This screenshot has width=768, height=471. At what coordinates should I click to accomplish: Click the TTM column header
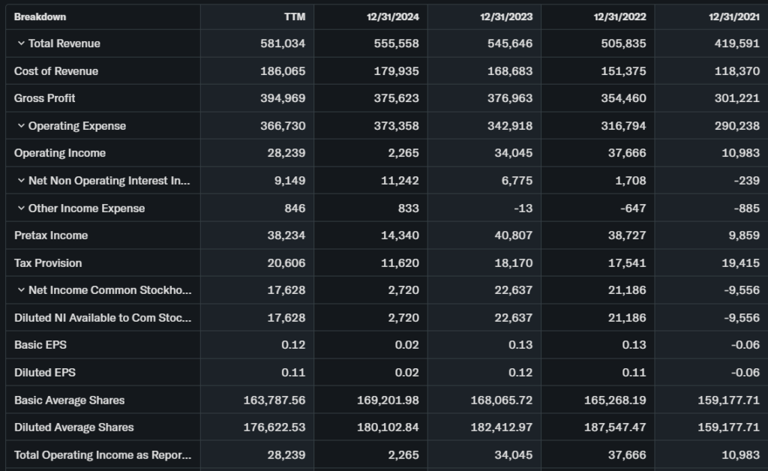(294, 16)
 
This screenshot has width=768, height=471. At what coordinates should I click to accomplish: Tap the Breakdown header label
(40, 16)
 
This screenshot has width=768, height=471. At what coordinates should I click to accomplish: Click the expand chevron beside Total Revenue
(21, 43)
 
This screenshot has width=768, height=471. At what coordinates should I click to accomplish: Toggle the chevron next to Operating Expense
(21, 126)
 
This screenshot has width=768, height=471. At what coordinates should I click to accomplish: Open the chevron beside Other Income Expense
(21, 208)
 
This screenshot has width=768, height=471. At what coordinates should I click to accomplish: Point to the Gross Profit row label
(45, 98)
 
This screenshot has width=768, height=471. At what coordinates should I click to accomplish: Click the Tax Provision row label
(48, 263)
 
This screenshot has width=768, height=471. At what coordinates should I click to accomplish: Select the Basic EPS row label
(40, 345)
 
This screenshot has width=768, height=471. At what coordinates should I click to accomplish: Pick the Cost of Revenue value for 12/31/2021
(736, 71)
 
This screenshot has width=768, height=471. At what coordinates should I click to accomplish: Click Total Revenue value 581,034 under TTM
(283, 43)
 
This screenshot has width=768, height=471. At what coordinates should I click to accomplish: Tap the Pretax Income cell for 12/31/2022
(623, 235)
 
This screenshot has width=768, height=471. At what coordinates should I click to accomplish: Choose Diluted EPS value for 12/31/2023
(520, 372)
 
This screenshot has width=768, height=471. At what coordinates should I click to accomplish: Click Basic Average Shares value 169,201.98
(388, 400)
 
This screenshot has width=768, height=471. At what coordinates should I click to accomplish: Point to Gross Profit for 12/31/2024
(396, 98)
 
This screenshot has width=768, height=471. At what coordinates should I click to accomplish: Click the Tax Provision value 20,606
(286, 263)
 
